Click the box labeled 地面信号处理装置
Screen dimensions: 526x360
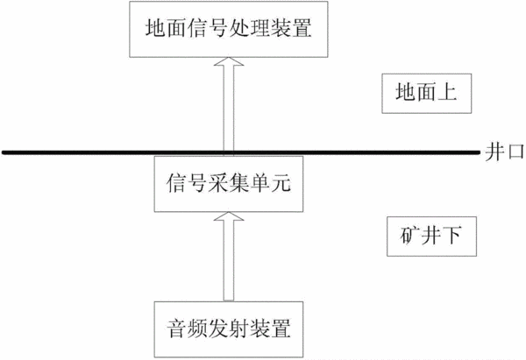(229, 29)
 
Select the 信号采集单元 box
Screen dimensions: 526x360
(229, 184)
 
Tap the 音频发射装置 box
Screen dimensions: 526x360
(229, 329)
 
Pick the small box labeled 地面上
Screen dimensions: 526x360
(426, 94)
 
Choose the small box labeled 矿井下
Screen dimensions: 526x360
(431, 236)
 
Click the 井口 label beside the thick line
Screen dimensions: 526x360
(504, 152)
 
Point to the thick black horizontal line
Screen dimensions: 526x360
(241, 152)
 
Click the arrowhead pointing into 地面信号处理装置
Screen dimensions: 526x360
(229, 61)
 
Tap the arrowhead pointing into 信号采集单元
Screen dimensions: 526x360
(229, 216)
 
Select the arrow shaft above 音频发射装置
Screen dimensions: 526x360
(229, 261)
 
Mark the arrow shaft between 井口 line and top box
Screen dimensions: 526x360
(229, 108)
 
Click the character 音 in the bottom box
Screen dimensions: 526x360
(176, 328)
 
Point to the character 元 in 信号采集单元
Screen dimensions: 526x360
(281, 183)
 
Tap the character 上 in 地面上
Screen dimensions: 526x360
(447, 92)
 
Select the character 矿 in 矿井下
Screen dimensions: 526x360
(410, 236)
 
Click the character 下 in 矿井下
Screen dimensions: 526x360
(451, 236)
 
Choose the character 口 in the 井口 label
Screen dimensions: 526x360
(515, 153)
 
